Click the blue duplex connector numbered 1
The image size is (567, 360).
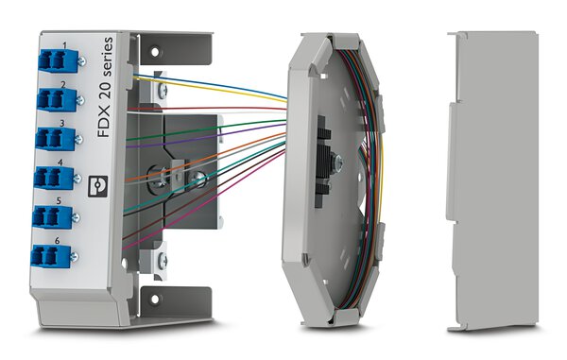[x=58, y=60]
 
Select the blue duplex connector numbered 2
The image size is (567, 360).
[x=57, y=99]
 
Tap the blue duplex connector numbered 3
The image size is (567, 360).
[x=56, y=139]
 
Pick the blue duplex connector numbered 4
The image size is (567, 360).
[x=54, y=178]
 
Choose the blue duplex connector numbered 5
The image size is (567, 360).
[x=52, y=217]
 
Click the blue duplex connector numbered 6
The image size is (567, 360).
[x=51, y=256]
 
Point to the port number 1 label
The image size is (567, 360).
[x=64, y=45]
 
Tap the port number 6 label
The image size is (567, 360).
[x=57, y=241]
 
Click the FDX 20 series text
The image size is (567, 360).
[x=106, y=87]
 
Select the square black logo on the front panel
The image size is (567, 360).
[x=98, y=186]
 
